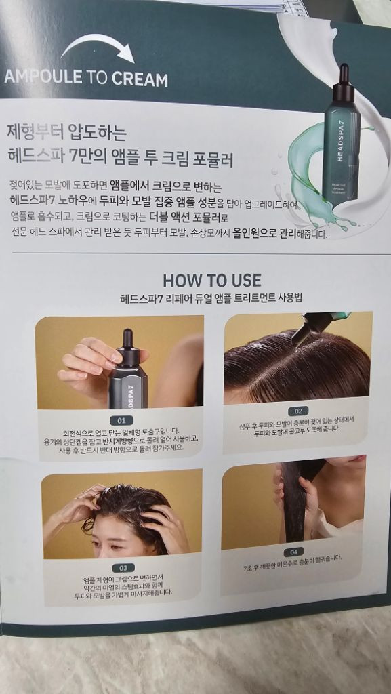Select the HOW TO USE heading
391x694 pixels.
211,281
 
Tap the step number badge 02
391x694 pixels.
297,411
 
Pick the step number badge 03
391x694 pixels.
123,567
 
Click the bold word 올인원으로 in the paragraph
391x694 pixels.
272,234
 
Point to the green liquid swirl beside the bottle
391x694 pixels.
308,183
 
